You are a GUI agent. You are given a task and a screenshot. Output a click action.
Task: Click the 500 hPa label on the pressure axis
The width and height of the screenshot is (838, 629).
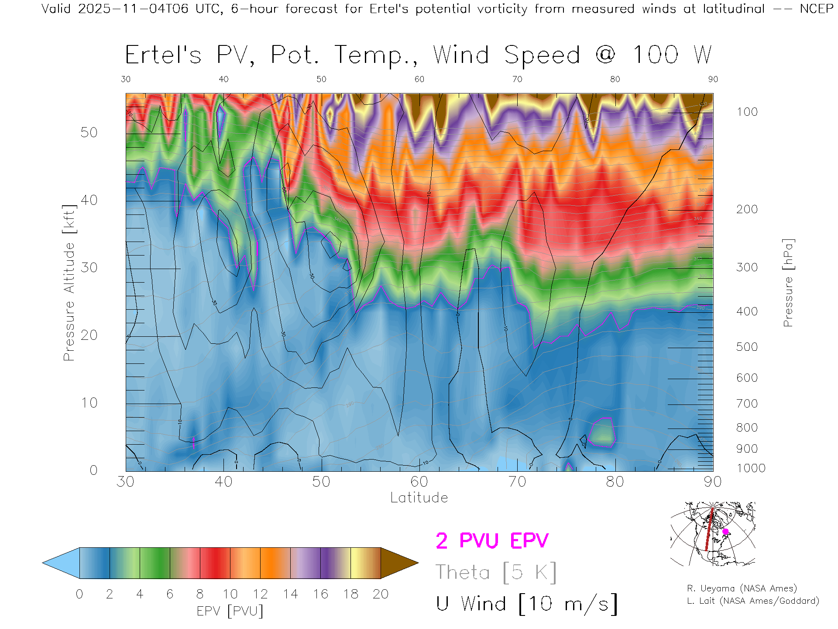click(x=747, y=347)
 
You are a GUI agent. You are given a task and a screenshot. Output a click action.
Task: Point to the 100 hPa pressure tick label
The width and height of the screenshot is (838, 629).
click(x=747, y=112)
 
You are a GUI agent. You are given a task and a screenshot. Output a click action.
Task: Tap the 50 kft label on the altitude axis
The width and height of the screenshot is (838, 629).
click(x=89, y=133)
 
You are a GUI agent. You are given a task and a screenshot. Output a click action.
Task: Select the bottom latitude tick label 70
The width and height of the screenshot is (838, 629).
click(x=517, y=482)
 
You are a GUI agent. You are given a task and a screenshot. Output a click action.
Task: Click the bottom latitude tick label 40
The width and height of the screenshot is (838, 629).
click(x=223, y=482)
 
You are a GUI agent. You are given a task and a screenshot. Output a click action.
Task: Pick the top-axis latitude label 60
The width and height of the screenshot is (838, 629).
click(x=419, y=79)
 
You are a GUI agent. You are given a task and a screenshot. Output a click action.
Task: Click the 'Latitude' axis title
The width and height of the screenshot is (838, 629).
click(x=419, y=498)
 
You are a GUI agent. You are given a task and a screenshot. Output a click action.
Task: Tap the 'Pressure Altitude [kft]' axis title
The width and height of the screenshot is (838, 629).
click(x=69, y=283)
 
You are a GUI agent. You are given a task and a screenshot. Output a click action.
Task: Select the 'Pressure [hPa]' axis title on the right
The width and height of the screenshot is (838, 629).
click(x=788, y=283)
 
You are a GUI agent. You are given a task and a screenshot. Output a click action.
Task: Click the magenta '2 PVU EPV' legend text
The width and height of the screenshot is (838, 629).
click(x=492, y=541)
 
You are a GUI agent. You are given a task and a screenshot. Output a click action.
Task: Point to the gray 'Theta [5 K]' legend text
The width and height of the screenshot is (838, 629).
click(x=496, y=572)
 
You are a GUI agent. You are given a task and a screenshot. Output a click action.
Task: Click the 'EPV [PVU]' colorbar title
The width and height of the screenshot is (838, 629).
click(x=230, y=611)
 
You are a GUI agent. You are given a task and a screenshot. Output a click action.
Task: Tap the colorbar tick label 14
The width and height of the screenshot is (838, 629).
click(x=290, y=594)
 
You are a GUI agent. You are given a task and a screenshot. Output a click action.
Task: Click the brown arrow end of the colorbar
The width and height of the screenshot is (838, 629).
click(x=398, y=563)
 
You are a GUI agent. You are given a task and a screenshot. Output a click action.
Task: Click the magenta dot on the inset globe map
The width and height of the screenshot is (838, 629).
click(x=725, y=532)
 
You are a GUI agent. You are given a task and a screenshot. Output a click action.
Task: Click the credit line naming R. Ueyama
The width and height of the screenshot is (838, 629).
click(x=742, y=589)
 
